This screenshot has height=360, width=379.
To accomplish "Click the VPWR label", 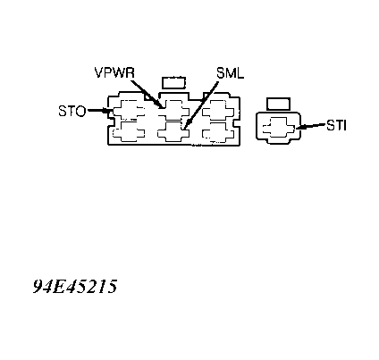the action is point(114,72).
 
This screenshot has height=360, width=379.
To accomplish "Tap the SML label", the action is point(230,73).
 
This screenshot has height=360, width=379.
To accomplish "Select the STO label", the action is point(72,111).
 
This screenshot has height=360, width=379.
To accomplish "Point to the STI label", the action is point(336,125).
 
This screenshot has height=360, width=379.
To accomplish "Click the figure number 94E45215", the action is point(75,287).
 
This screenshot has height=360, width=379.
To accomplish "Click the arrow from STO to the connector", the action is point(100,111).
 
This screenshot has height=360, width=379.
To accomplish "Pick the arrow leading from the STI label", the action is point(310,126).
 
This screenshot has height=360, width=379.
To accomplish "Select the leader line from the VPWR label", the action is point(147,94).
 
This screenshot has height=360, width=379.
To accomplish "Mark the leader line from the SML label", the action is point(200,106).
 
